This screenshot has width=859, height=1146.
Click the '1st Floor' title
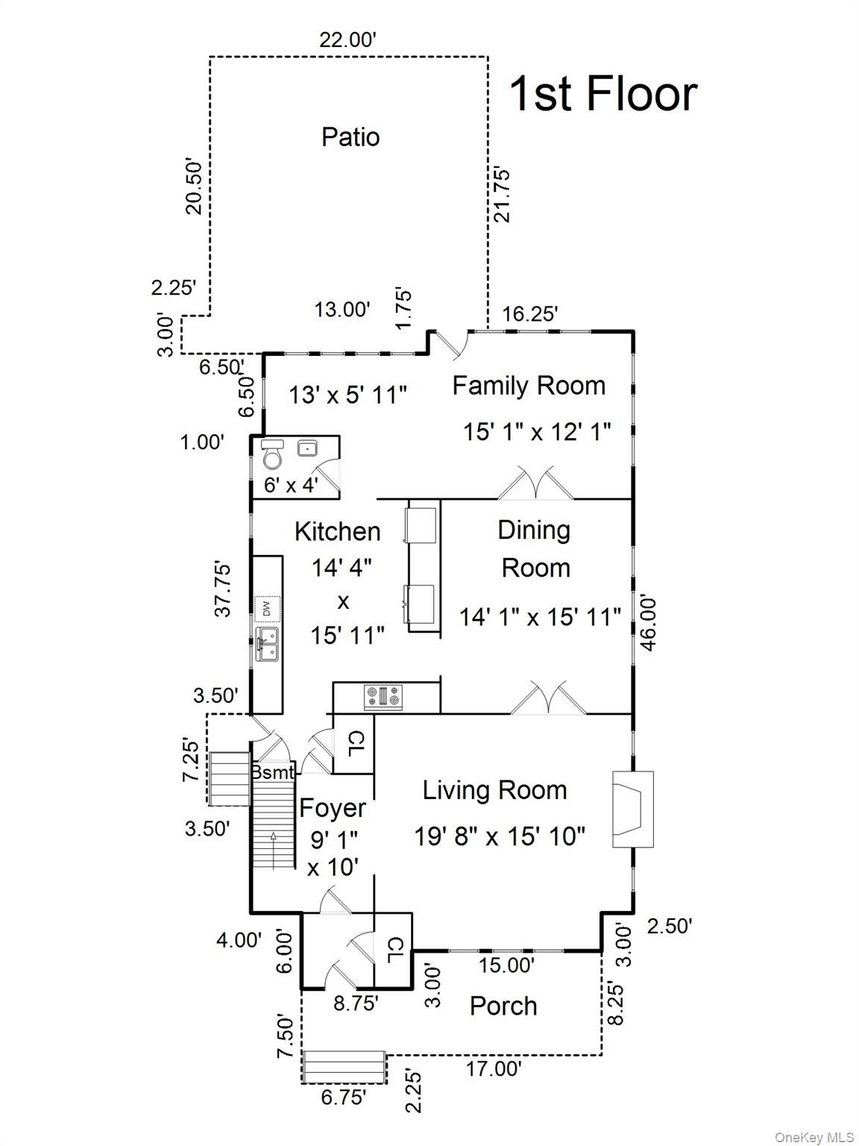[x=602, y=94]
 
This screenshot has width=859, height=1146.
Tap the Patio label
[x=350, y=137]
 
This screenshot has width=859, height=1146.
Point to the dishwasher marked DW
[x=266, y=609]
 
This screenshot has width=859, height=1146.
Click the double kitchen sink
[x=267, y=644]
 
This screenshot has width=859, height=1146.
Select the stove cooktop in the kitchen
[x=383, y=697]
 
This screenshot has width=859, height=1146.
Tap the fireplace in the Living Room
[x=632, y=809]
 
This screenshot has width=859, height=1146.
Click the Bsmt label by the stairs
[x=272, y=772]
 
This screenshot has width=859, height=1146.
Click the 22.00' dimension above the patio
[x=347, y=40]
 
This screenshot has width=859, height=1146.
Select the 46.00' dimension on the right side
[x=647, y=622]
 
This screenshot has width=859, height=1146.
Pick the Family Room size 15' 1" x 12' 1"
[x=537, y=431]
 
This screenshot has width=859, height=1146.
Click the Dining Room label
[x=535, y=548]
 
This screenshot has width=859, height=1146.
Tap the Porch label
[x=503, y=1006]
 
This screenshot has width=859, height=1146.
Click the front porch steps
[x=344, y=1067]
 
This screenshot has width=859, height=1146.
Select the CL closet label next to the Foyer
[x=356, y=742]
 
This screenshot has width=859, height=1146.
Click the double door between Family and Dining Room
[x=535, y=484]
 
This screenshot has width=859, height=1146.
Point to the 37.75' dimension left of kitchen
[x=222, y=589]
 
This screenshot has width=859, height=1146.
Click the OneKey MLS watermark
[x=814, y=1137]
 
